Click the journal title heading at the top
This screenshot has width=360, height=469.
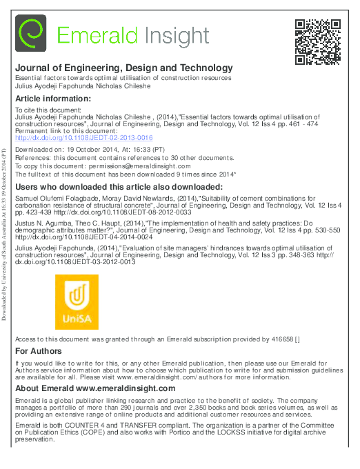(124, 68)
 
